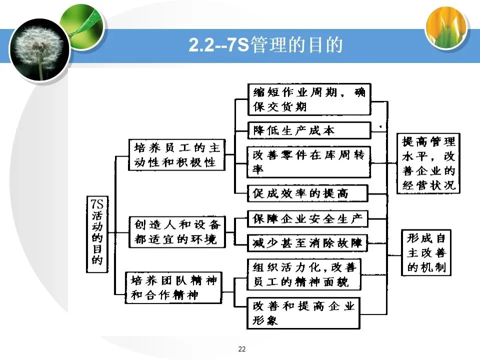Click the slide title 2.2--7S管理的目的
pos(265,45)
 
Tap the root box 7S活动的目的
pos(97,234)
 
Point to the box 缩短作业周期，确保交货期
pos(309,99)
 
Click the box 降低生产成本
pos(309,130)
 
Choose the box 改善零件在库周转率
pos(309,161)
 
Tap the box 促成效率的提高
pos(308,193)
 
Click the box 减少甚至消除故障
pos(308,243)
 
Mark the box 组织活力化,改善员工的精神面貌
pos(304,274)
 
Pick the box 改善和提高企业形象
pos(304,312)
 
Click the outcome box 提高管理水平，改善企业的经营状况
pos(429,163)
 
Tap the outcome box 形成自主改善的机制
pos(426,252)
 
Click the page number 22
pos(242,348)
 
